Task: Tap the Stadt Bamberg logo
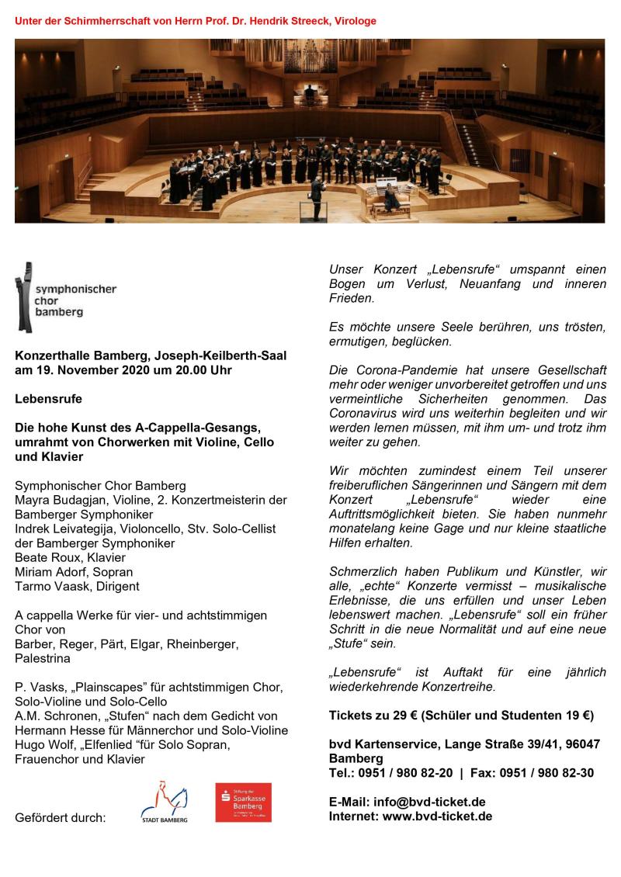(164, 800)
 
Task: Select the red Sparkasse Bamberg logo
(243, 802)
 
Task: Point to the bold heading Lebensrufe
(48, 399)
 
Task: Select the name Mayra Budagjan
(62, 500)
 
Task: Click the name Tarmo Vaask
(48, 586)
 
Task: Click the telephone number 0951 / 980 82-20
(406, 772)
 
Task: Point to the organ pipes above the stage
(309, 58)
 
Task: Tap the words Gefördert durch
(61, 817)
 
